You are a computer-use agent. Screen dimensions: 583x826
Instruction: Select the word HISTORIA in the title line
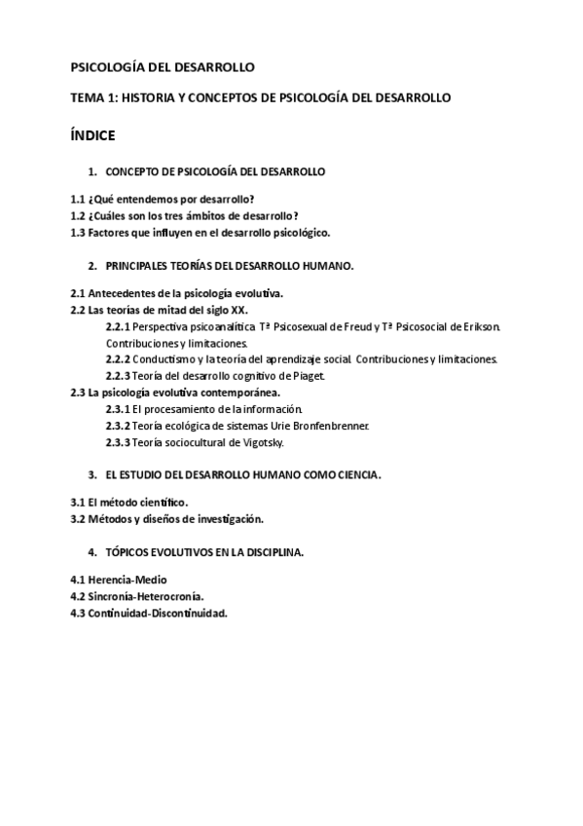162,98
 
